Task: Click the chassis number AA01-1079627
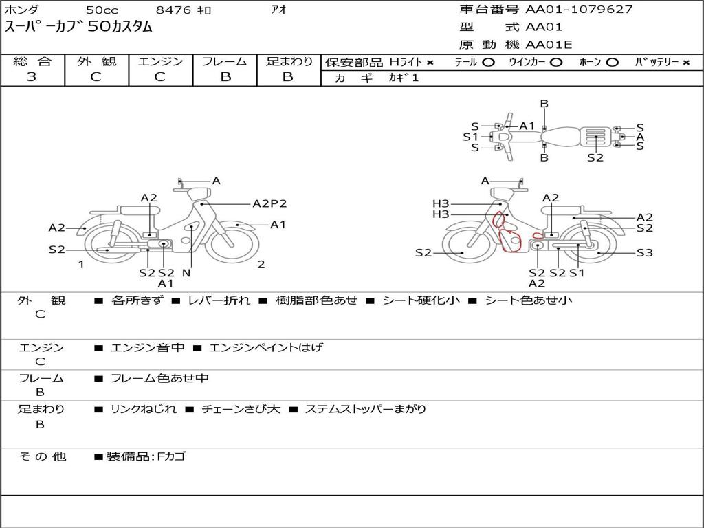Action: point(579,10)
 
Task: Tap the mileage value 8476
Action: point(174,10)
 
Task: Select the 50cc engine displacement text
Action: point(102,10)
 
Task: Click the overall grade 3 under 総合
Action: point(32,77)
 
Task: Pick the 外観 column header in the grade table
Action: point(96,61)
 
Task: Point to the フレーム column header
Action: point(225,61)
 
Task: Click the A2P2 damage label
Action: point(269,203)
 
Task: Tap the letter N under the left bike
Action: point(186,272)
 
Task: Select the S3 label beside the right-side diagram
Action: point(645,253)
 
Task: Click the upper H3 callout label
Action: point(441,203)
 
